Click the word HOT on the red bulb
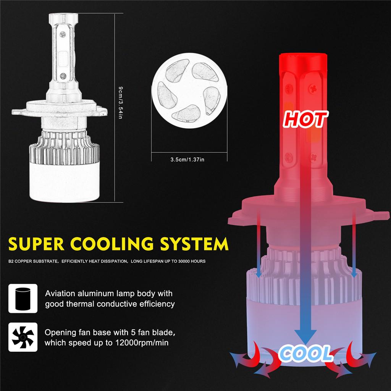(x=304, y=120)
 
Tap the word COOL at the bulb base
(x=305, y=353)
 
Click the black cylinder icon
(x=23, y=299)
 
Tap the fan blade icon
(x=23, y=336)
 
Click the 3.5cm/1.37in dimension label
(x=187, y=160)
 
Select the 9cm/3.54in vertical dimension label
(x=120, y=102)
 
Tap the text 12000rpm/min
(x=141, y=343)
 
